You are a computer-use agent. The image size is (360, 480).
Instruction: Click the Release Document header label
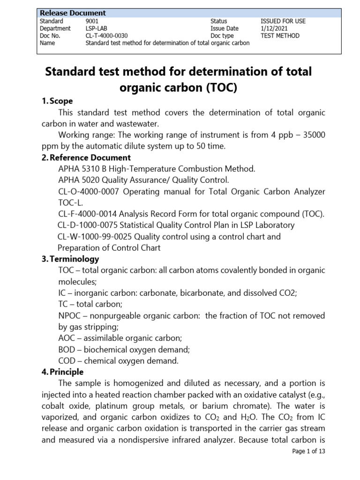pyautogui.click(x=72, y=13)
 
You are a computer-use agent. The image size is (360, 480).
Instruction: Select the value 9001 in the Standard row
pyautogui.click(x=92, y=21)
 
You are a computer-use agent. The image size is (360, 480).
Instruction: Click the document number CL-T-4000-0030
pyautogui.click(x=106, y=36)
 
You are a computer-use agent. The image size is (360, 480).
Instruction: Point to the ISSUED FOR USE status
pyautogui.click(x=283, y=21)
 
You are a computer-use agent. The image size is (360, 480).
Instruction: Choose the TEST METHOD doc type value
pyautogui.click(x=280, y=36)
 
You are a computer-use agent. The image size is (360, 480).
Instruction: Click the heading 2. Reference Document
pyautogui.click(x=86, y=157)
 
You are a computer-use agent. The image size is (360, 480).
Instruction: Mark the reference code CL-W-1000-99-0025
pyautogui.click(x=94, y=237)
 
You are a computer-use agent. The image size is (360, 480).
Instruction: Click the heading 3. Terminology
pyautogui.click(x=70, y=259)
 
